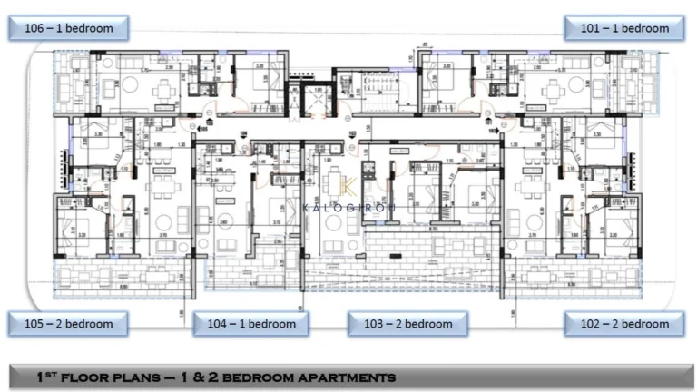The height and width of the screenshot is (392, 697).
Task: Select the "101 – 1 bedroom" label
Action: pyautogui.click(x=623, y=28)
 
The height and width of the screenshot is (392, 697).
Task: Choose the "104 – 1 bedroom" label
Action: pyautogui.click(x=250, y=324)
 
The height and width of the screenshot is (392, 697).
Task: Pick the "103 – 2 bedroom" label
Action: pyautogui.click(x=407, y=324)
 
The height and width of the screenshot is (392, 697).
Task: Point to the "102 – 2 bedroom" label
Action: pyautogui.click(x=623, y=324)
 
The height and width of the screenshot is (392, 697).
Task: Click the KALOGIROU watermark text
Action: pyautogui.click(x=348, y=207)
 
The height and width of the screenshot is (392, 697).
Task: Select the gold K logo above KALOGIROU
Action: pyautogui.click(x=348, y=186)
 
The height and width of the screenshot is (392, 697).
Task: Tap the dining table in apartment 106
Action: pyautogui.click(x=165, y=90)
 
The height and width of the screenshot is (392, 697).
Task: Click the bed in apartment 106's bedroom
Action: pyautogui.click(x=250, y=83)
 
